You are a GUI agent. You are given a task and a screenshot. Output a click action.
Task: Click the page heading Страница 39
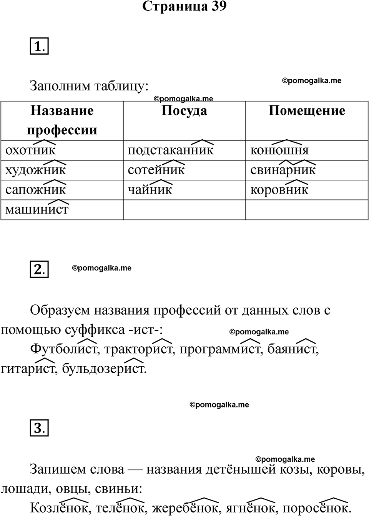(184, 7)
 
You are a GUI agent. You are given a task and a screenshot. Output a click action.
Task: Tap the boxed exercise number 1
(39, 47)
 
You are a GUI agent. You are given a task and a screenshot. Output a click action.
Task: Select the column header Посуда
(184, 111)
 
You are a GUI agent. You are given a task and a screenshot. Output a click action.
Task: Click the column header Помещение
(307, 111)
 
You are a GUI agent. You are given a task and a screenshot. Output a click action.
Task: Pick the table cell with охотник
(30, 150)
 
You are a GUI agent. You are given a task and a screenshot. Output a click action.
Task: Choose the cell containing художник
(36, 170)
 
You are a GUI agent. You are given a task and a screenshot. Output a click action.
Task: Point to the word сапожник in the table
(36, 190)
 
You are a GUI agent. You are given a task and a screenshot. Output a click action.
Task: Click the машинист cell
(37, 210)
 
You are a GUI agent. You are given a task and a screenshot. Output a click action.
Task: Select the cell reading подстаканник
(170, 150)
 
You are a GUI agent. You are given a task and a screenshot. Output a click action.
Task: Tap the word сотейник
(156, 170)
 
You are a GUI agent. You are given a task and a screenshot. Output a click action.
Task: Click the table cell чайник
(150, 190)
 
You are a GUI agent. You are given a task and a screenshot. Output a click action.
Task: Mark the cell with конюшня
(279, 150)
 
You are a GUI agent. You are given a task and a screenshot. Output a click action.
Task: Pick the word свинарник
(283, 170)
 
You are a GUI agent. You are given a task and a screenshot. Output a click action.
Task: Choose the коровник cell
(279, 190)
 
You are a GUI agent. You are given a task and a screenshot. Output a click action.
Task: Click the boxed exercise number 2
(39, 269)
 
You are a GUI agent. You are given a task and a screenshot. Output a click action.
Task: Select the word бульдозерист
(104, 369)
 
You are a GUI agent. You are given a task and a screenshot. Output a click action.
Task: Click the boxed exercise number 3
(39, 428)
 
